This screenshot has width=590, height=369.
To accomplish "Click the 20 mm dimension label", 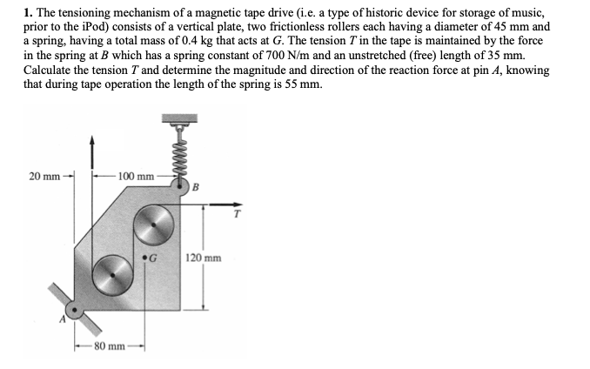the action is [x=44, y=177].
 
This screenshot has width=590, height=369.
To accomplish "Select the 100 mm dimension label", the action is [x=135, y=177].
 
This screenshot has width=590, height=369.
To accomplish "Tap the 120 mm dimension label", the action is [x=204, y=258].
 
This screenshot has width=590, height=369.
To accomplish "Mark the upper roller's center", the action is [x=155, y=225].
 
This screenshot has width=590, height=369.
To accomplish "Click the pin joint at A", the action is [x=74, y=309].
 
